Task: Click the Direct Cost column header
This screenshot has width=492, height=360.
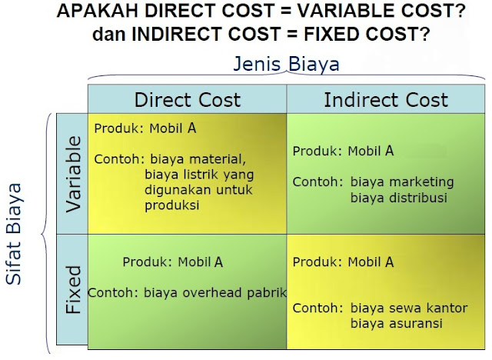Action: click(x=188, y=100)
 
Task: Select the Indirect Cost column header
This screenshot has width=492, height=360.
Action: click(x=385, y=100)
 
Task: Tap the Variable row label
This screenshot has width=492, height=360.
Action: click(x=72, y=174)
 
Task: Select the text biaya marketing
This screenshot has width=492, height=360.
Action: click(x=402, y=182)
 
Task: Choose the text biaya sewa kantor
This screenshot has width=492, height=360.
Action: click(x=408, y=308)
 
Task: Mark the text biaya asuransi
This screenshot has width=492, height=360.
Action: click(x=396, y=323)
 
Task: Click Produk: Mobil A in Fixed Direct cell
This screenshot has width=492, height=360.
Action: click(x=172, y=262)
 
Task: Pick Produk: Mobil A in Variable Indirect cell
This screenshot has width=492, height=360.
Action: click(x=343, y=151)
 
